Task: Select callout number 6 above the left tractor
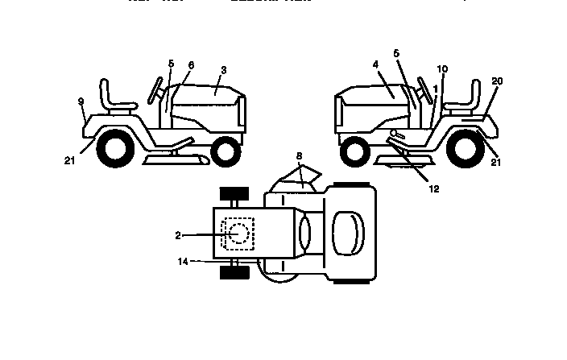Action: tap(191, 64)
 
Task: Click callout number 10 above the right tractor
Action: tap(442, 69)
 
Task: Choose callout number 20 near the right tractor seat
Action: tap(497, 82)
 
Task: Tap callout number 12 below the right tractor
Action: tap(433, 190)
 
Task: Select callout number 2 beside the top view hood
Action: tap(178, 235)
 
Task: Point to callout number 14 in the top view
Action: tap(184, 261)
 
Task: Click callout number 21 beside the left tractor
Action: tap(69, 160)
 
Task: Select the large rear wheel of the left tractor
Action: tap(112, 149)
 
